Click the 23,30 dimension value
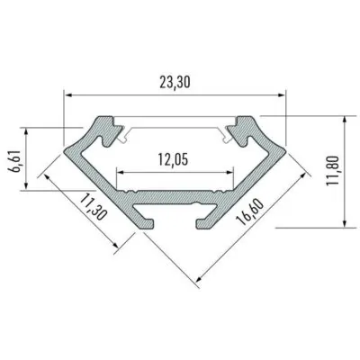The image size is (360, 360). point(175,83)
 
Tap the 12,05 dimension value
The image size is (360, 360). point(173,160)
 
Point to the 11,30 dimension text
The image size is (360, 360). point(94,207)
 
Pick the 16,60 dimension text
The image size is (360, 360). point(249,212)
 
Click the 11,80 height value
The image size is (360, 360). point(333,171)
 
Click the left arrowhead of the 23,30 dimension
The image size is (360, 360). point(69,95)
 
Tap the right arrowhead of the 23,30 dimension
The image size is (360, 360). point(281,95)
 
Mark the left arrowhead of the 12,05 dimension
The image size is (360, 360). point(120,172)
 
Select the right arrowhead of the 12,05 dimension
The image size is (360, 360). point(229,172)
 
